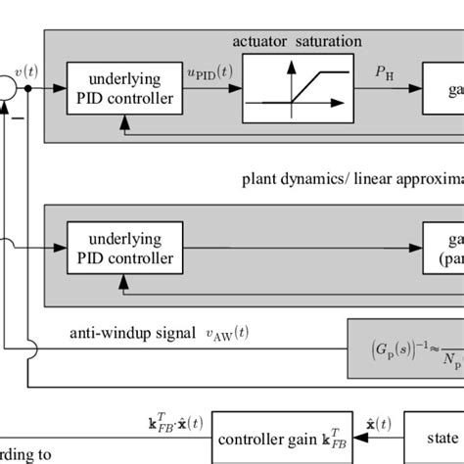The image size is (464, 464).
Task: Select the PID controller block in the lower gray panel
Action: point(120,248)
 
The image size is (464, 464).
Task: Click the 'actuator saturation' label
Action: point(297,41)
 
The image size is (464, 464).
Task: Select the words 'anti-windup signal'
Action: point(123,334)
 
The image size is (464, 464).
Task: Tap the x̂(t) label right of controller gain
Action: point(377,423)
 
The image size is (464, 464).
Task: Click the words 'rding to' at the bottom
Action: point(23,456)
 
